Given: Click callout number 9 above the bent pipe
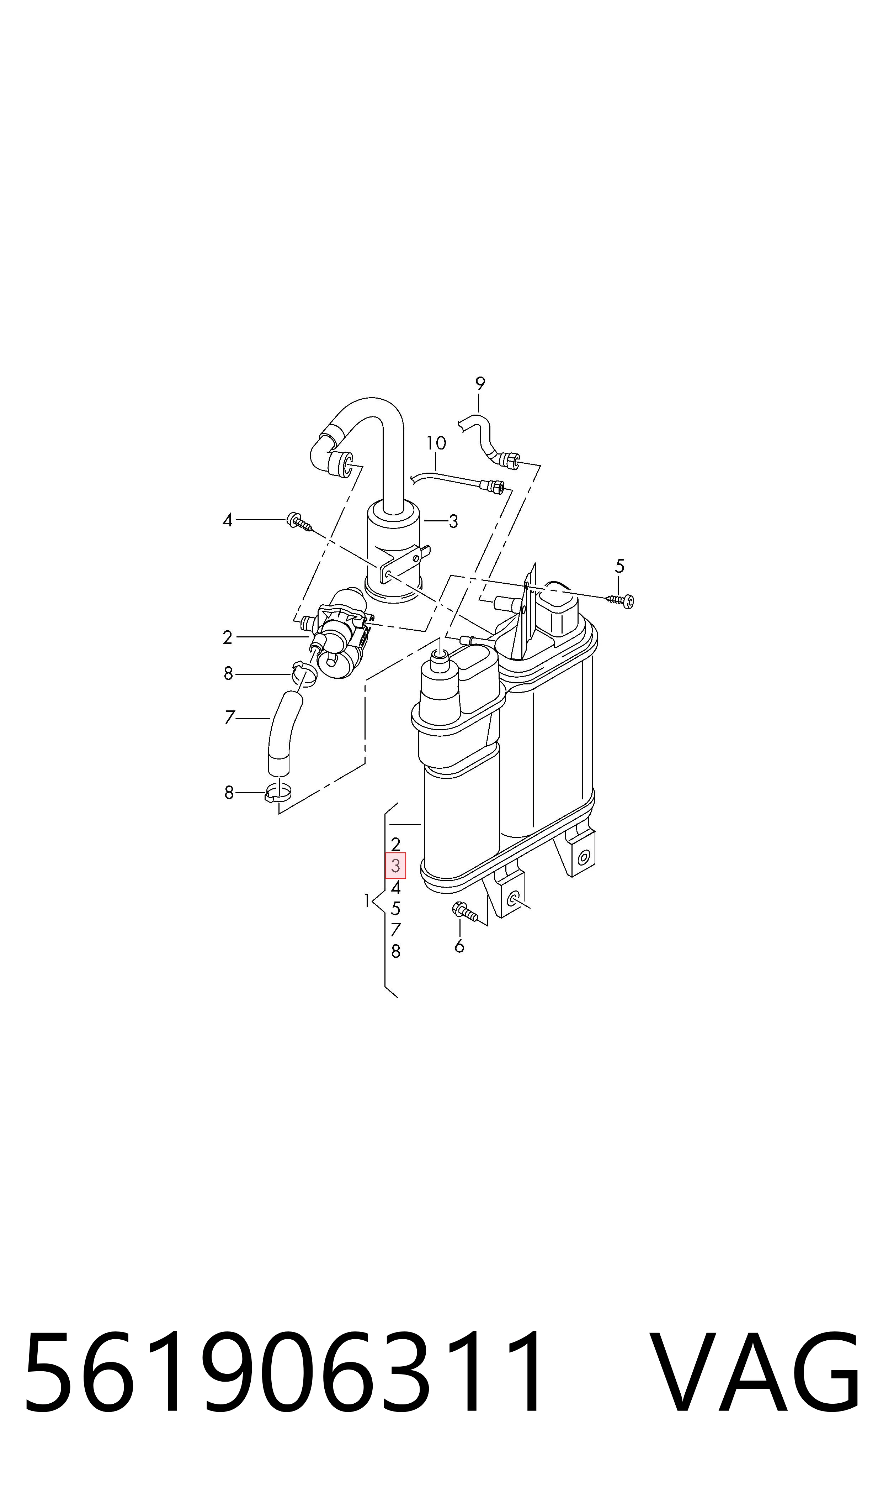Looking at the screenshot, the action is [x=480, y=384].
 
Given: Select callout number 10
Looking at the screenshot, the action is [x=436, y=443].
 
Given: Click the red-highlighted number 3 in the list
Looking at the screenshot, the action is [x=396, y=866].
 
